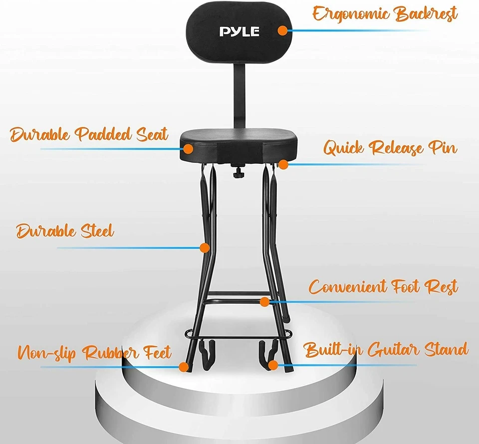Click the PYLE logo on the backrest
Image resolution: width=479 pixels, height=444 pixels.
coord(239,31)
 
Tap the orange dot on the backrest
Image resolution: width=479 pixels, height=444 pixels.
coord(282,30)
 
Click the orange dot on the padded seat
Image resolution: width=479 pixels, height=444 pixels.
coord(188,148)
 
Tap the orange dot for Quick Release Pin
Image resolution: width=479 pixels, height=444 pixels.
coord(283,163)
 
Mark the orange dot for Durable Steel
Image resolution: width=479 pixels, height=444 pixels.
coord(204,247)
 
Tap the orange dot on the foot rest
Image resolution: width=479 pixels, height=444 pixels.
coord(264,302)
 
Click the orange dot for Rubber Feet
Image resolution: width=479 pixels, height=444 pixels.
coord(183,367)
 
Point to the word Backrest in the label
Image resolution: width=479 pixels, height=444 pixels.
coord(426,14)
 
